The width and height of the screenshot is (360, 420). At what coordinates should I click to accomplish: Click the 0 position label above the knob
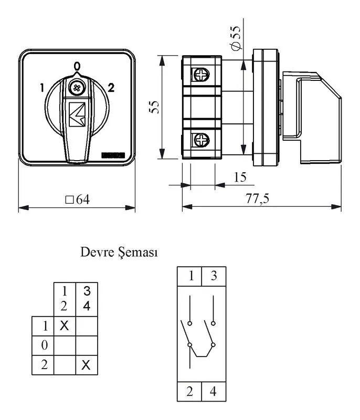coord(77,66)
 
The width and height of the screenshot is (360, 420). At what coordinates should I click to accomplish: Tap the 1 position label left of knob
coord(42,88)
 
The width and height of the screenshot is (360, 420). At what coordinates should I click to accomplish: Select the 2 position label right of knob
coord(111,88)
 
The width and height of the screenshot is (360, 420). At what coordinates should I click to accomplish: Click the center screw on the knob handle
coord(77,88)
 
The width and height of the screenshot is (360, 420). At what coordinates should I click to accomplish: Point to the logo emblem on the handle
coord(77,114)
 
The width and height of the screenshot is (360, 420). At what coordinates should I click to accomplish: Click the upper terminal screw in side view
coord(201,75)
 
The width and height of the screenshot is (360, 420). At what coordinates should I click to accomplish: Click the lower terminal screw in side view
coord(201,140)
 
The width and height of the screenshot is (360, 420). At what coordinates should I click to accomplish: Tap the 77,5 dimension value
coord(257,198)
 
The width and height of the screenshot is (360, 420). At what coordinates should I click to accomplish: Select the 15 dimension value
coord(240,177)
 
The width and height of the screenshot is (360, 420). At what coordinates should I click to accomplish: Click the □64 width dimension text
coord(77,199)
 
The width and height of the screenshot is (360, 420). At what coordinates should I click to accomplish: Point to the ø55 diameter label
coord(236,38)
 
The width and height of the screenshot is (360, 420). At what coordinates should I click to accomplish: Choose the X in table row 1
coord(64,325)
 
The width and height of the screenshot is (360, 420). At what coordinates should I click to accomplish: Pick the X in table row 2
coord(86,365)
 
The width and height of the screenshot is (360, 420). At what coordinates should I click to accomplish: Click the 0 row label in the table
coord(45,345)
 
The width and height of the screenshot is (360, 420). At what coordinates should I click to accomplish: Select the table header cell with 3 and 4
coord(87,299)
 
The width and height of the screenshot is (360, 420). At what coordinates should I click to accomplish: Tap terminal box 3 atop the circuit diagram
coord(214,276)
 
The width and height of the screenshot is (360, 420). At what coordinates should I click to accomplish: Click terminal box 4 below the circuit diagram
coord(214,392)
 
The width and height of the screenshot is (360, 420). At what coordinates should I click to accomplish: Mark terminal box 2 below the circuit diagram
coord(189,392)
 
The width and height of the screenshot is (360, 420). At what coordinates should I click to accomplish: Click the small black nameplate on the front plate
coord(113,155)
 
